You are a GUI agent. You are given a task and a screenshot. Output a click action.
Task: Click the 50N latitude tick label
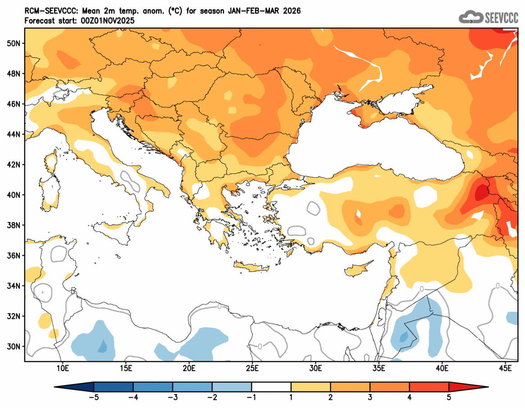[x=14, y=43]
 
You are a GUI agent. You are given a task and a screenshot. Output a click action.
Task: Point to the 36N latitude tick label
[x=14, y=256]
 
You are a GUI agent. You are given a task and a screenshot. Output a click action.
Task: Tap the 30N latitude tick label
[x=14, y=346]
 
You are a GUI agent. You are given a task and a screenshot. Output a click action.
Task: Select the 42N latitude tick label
[x=14, y=165]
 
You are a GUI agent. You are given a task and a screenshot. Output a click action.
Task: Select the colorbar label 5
[x=449, y=398]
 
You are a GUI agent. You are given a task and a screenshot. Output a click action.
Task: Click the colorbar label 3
[x=370, y=398]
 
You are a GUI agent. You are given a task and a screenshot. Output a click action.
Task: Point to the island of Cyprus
[x=359, y=268]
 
